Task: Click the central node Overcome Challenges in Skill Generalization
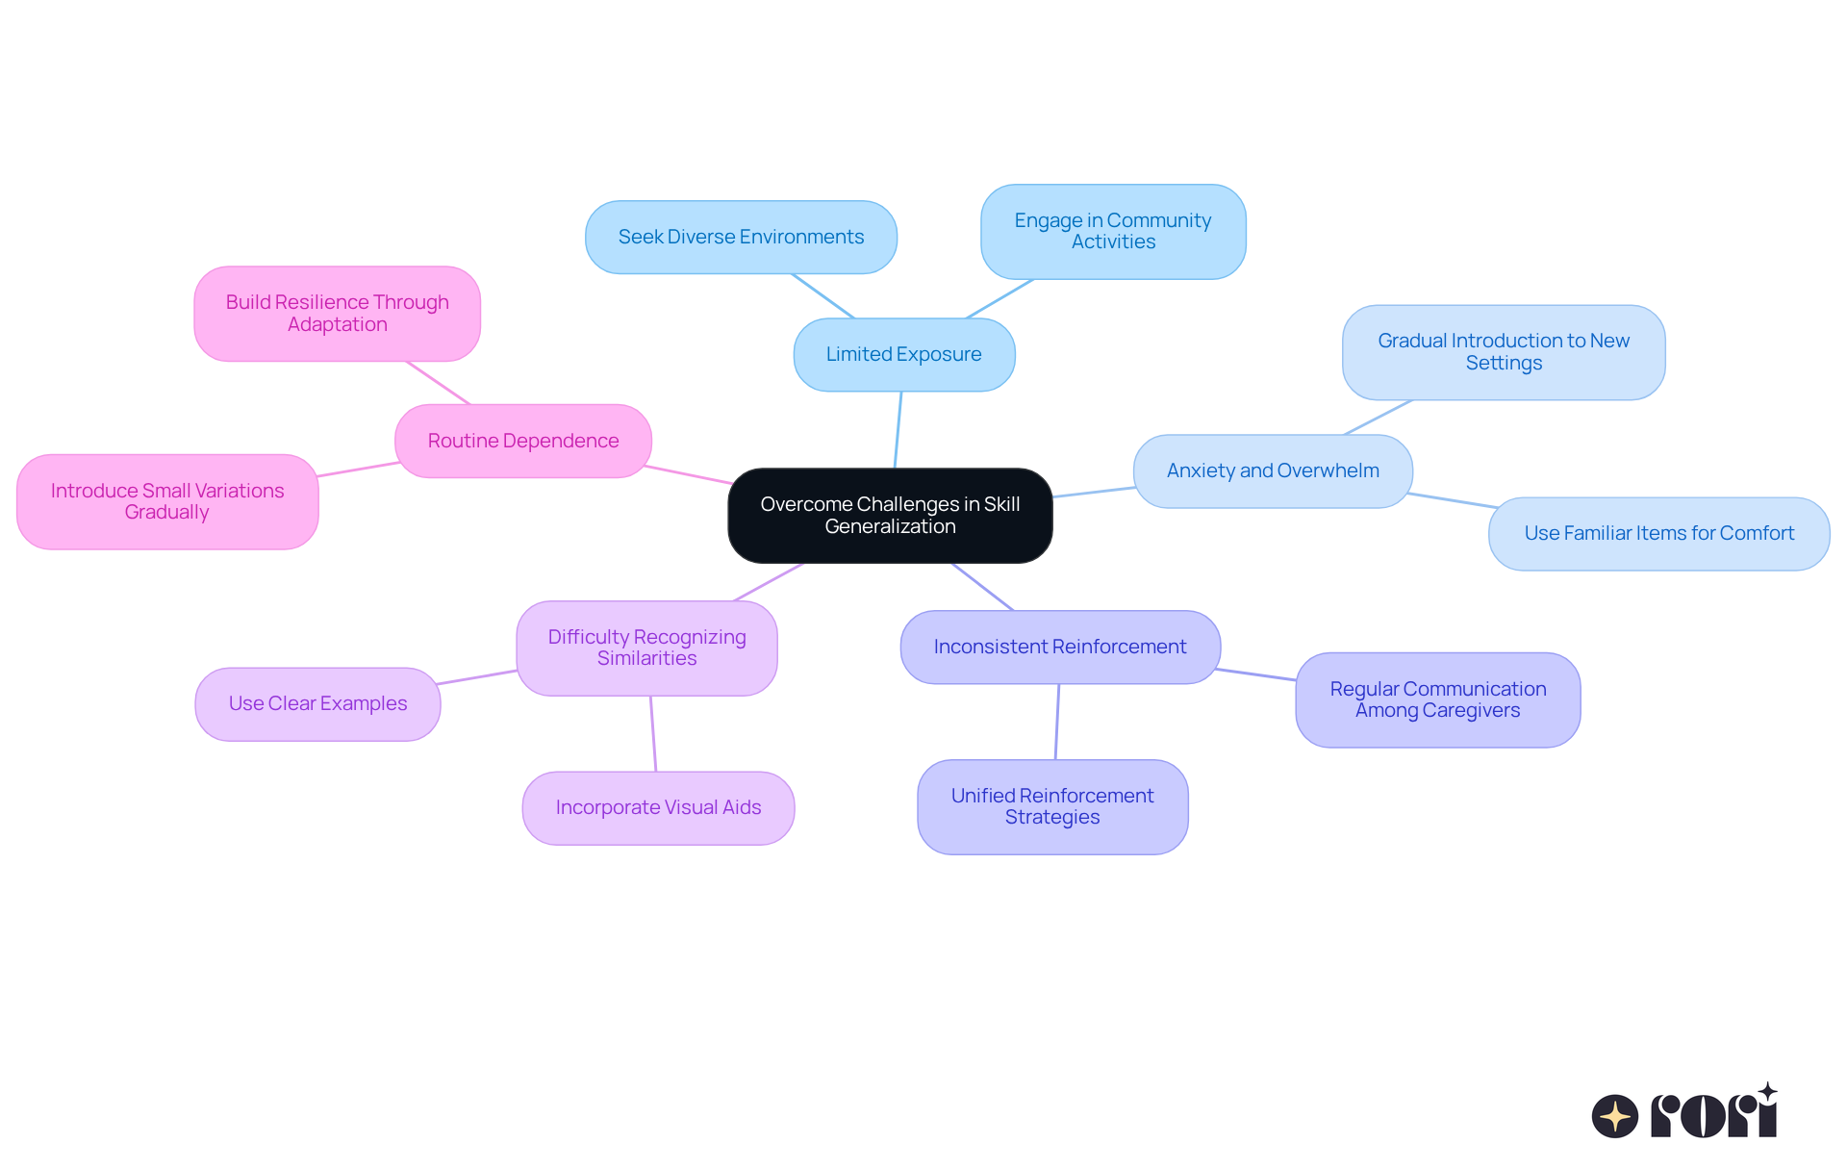[890, 516]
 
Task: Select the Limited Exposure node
[903, 355]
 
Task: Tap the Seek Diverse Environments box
[741, 238]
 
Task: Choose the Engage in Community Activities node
[1113, 232]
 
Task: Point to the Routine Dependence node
[523, 442]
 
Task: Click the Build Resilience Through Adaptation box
[337, 314]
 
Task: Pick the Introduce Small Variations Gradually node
[167, 502]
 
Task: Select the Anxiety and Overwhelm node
[1273, 471]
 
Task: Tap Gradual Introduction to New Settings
[1504, 352]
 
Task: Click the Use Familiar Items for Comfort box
[1658, 534]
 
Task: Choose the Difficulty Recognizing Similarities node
[646, 648]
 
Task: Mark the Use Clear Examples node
[317, 704]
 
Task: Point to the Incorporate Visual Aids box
[658, 808]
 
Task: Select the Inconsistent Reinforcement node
[1060, 648]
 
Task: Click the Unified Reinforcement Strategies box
[1052, 807]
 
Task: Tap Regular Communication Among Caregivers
[1437, 700]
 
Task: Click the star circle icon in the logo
[1614, 1116]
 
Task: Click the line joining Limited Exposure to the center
[898, 430]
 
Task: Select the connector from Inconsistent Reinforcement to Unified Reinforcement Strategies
[1057, 722]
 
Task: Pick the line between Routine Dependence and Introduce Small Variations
[358, 470]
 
